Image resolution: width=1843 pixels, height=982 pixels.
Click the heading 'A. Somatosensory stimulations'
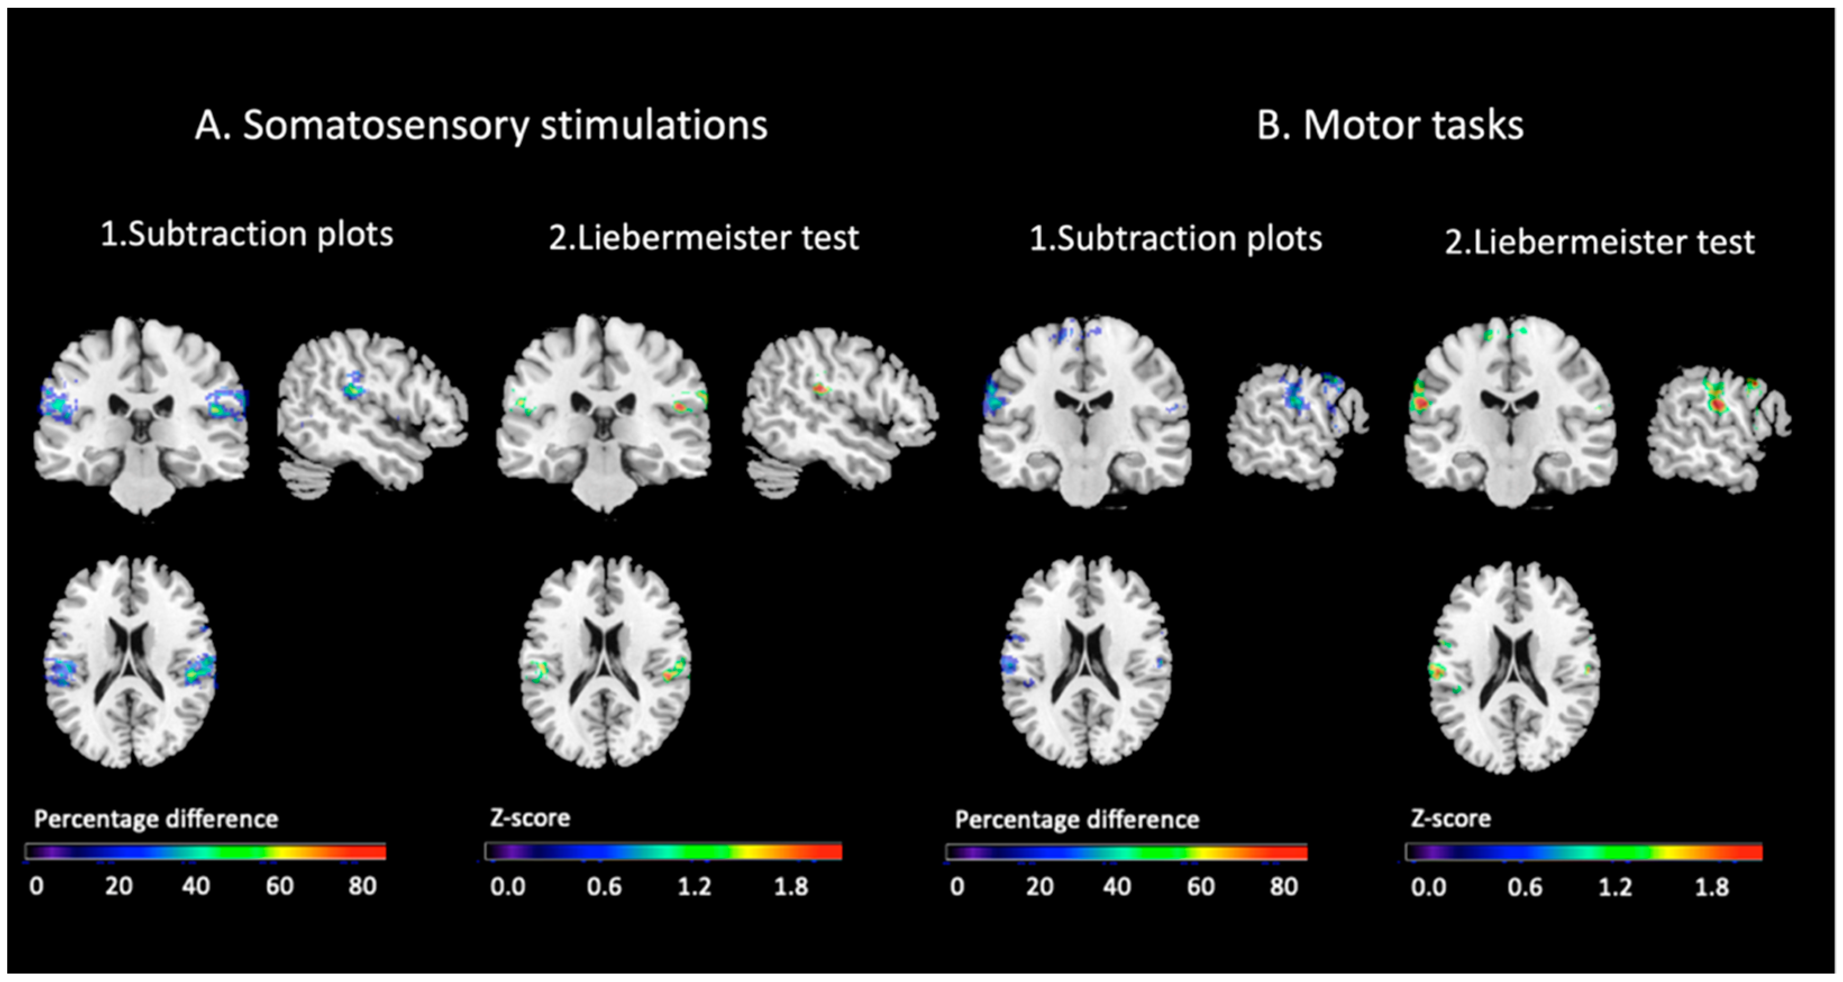pyautogui.click(x=481, y=126)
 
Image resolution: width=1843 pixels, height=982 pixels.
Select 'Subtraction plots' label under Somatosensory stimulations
pyautogui.click(x=247, y=235)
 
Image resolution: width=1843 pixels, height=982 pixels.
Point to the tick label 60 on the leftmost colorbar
pyautogui.click(x=279, y=886)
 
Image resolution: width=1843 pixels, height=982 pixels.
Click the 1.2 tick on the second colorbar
pyautogui.click(x=694, y=887)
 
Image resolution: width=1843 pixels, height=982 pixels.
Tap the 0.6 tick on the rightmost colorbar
pyautogui.click(x=1524, y=888)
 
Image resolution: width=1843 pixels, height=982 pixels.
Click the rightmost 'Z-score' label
pyautogui.click(x=1450, y=818)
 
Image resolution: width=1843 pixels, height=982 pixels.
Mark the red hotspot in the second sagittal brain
pyautogui.click(x=819, y=389)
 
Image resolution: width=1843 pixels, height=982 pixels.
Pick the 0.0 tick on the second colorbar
pyautogui.click(x=507, y=887)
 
